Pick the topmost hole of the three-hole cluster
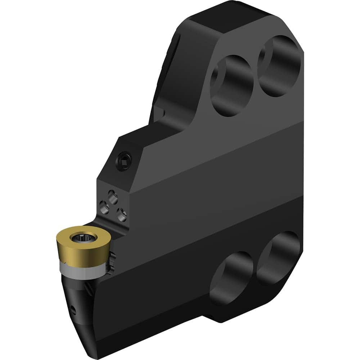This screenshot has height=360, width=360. point(113,196)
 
